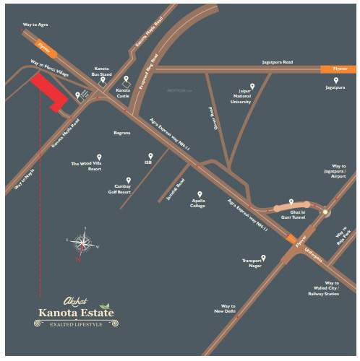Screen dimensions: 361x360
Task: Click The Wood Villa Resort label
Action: point(85,165)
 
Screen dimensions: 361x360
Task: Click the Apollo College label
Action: point(199,203)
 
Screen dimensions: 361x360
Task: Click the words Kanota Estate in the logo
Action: point(76,313)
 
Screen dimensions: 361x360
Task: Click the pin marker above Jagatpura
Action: point(335,80)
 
